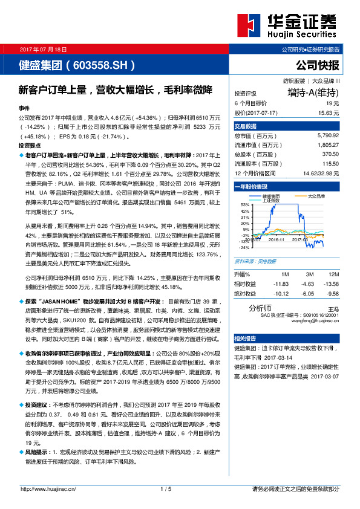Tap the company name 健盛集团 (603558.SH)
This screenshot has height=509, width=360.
[76, 63]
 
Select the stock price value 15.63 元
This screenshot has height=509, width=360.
[329, 112]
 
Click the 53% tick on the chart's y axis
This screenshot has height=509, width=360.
[245, 204]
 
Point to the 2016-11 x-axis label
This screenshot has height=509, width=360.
[275, 239]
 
